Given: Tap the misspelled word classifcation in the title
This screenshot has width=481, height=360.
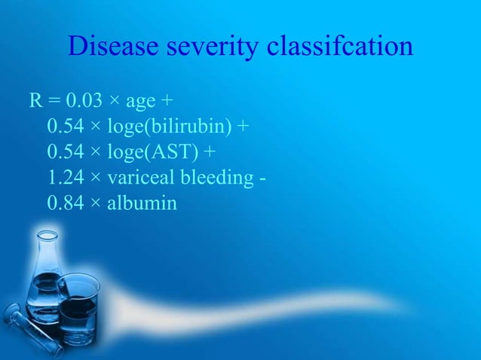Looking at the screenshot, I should [340, 47].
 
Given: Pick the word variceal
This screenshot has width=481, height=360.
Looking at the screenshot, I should [142, 178].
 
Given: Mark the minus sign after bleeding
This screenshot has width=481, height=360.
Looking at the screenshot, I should [268, 178].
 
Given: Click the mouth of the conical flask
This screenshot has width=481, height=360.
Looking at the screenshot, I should [44, 235].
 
